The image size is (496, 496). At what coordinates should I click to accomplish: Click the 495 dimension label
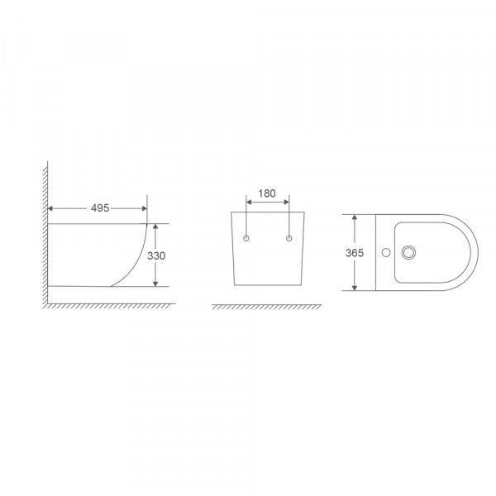click(x=98, y=208)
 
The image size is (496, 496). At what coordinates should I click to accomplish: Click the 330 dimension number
click(x=157, y=255)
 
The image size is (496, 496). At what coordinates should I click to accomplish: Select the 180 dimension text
click(x=267, y=193)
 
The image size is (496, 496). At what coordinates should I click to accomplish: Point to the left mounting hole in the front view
click(x=247, y=239)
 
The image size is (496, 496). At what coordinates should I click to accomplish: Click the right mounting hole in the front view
click(x=289, y=239)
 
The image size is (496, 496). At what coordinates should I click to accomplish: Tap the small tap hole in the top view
click(x=384, y=252)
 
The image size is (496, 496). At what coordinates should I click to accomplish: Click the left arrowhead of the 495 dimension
click(x=52, y=208)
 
